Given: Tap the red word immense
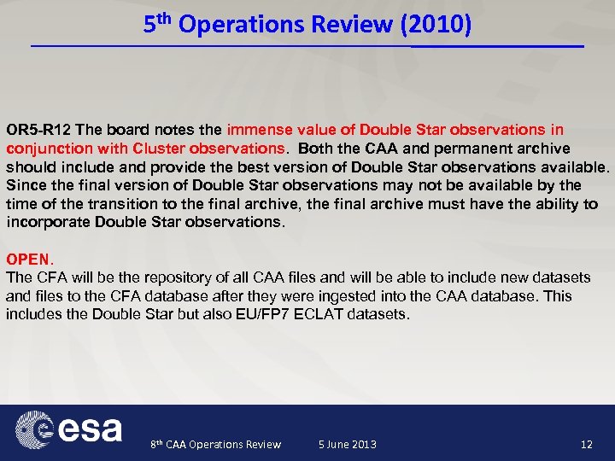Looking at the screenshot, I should tap(258, 130).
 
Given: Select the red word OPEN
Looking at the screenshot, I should tap(28, 259).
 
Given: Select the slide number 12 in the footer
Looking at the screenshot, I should tap(586, 444).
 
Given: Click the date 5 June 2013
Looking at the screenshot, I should tap(347, 444).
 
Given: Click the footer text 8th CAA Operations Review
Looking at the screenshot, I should tap(215, 444).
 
